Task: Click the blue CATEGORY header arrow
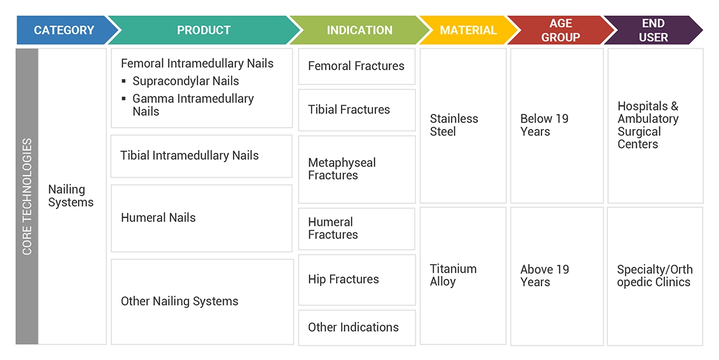tap(64, 30)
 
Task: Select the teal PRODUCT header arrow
tap(203, 30)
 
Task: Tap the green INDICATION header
tap(359, 30)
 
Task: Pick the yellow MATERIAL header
tap(468, 30)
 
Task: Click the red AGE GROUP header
tap(560, 30)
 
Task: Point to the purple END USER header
tap(653, 30)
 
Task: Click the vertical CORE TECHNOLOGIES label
tap(27, 197)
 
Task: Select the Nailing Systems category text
tap(71, 196)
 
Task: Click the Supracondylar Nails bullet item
tap(186, 81)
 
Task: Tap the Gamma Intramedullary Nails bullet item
tap(193, 105)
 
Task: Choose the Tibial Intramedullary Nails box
tap(202, 156)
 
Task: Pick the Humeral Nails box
tap(202, 218)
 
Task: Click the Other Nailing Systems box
tap(202, 302)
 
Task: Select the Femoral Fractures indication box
tap(356, 66)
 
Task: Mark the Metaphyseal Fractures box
tap(356, 169)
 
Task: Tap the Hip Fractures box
tap(356, 280)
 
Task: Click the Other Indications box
tap(356, 327)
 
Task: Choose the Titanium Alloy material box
tap(463, 276)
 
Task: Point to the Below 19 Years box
tap(557, 125)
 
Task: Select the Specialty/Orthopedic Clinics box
tap(654, 276)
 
